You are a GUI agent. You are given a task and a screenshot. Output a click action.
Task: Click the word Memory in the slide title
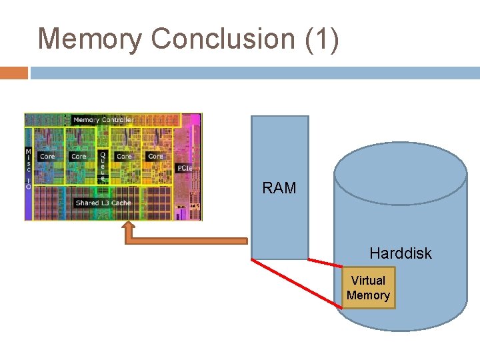89,39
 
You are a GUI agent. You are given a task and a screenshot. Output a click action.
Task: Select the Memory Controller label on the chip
103,120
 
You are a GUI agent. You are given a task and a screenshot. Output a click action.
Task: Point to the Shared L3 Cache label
103,203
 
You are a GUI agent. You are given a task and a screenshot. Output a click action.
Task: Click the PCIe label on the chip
185,169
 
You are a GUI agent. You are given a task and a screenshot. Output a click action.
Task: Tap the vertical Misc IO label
28,169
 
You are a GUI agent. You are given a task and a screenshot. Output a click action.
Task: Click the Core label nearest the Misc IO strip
47,157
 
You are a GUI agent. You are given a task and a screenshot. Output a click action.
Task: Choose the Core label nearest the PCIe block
155,157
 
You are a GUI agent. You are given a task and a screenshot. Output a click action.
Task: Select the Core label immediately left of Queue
79,157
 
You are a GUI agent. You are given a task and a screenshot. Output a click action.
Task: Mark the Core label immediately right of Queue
124,157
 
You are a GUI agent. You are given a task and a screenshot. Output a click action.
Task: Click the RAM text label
279,189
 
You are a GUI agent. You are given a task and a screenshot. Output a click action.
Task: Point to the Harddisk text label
401,253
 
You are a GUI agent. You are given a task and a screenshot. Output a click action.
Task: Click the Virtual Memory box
369,288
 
